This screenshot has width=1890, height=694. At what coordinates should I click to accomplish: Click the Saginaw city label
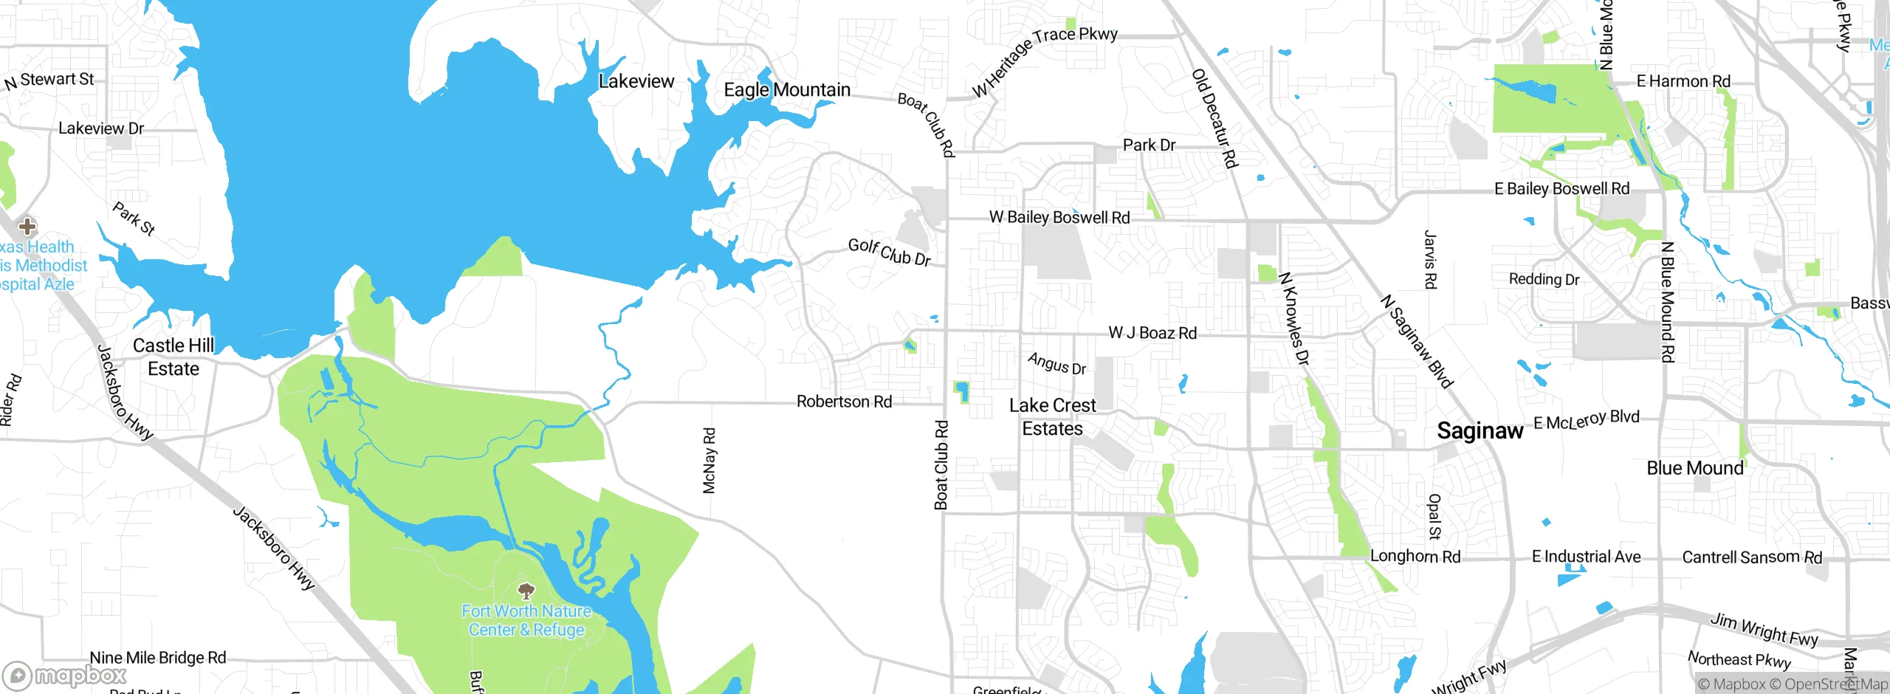pyautogui.click(x=1480, y=430)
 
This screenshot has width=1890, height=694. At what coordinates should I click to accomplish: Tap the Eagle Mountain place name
pyautogui.click(x=787, y=90)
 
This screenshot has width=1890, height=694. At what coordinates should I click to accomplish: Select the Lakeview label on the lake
pyautogui.click(x=636, y=81)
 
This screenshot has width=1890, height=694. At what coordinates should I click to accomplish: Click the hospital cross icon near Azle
pyautogui.click(x=27, y=226)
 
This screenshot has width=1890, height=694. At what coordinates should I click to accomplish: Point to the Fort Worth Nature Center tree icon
pyautogui.click(x=526, y=591)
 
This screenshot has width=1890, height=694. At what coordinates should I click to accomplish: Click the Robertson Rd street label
pyautogui.click(x=844, y=402)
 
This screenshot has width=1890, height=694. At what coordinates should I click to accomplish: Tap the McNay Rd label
pyautogui.click(x=709, y=461)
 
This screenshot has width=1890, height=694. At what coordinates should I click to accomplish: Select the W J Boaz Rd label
pyautogui.click(x=1152, y=333)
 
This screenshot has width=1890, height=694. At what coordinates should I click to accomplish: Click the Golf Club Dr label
pyautogui.click(x=889, y=252)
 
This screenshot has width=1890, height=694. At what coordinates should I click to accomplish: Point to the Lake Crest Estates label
pyautogui.click(x=1052, y=417)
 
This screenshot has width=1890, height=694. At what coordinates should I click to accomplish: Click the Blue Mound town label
pyautogui.click(x=1694, y=468)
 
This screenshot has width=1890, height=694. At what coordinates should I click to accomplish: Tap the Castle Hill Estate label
pyautogui.click(x=173, y=357)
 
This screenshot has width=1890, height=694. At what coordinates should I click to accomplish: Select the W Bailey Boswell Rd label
pyautogui.click(x=1059, y=217)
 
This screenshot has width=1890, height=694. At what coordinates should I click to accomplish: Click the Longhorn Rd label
pyautogui.click(x=1415, y=557)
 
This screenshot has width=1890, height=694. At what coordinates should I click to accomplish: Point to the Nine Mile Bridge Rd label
pyautogui.click(x=158, y=657)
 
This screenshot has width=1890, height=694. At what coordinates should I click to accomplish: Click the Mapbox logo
pyautogui.click(x=65, y=676)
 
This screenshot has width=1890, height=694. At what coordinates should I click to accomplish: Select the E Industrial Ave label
pyautogui.click(x=1586, y=557)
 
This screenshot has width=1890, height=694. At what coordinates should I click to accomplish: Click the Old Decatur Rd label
pyautogui.click(x=1214, y=119)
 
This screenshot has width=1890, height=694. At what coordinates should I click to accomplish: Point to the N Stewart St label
pyautogui.click(x=49, y=80)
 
